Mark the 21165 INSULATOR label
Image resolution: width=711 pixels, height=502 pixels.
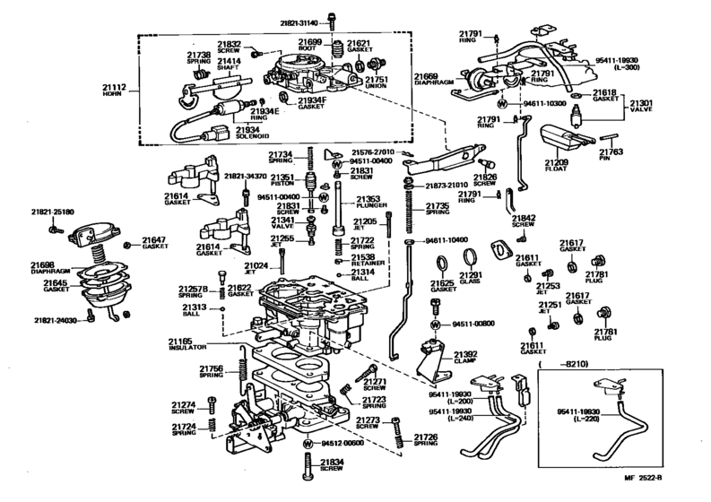[x=186, y=343]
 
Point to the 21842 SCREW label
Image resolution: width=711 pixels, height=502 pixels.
[x=524, y=222]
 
